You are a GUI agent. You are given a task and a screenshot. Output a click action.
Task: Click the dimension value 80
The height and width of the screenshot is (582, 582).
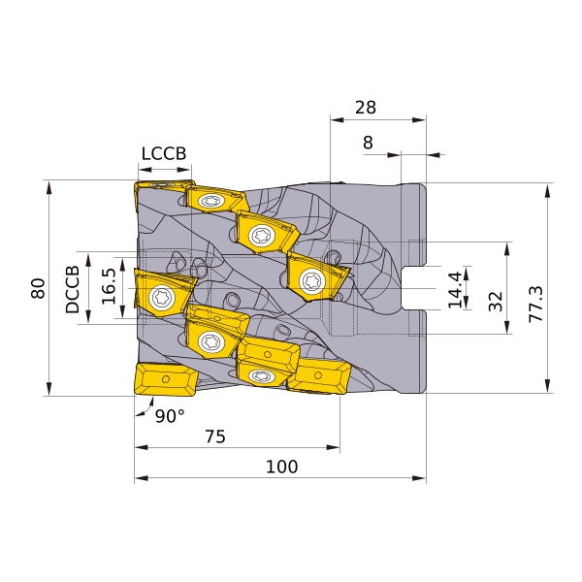(x=38, y=288)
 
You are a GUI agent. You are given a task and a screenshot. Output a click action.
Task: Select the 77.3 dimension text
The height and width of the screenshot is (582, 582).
(x=536, y=304)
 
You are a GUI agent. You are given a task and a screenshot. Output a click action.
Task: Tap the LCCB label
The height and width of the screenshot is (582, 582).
(x=164, y=153)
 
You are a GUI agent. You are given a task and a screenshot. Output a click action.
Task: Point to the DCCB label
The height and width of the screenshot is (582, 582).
(x=73, y=289)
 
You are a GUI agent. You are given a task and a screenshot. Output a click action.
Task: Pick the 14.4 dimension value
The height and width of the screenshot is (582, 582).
(x=456, y=290)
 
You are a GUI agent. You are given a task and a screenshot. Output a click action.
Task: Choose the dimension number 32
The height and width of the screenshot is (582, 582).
(x=496, y=302)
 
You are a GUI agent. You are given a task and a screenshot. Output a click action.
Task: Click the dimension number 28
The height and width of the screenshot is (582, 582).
(x=366, y=108)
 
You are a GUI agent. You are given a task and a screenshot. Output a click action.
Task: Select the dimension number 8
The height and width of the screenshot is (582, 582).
(x=368, y=143)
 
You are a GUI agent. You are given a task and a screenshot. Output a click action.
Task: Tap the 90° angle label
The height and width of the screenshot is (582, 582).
(x=170, y=416)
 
